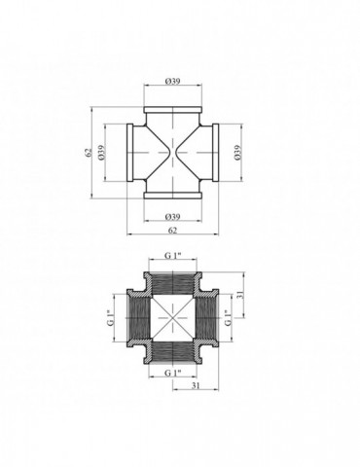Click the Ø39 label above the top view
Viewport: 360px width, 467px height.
coord(172,81)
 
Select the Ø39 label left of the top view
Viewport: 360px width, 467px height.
coord(101,152)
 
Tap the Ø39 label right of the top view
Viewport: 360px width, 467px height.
coord(237,152)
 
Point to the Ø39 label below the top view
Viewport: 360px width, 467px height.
coord(172,216)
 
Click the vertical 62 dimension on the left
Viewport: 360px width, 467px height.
coord(88,152)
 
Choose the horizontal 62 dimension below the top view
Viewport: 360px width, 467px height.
coord(172,230)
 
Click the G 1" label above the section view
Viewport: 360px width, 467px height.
coord(172,255)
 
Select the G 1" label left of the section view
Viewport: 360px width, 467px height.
coord(111,318)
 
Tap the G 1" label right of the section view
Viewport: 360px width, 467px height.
coord(229,318)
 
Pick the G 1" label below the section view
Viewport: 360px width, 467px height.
coord(172,373)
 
